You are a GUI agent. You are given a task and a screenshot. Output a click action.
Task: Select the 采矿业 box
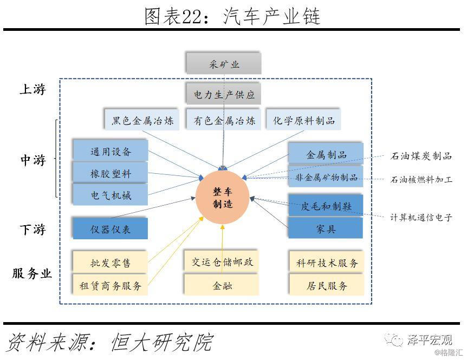click(224, 64)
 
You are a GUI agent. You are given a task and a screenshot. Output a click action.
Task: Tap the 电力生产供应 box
click(224, 94)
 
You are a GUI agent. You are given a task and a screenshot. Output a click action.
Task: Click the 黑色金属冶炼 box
click(142, 120)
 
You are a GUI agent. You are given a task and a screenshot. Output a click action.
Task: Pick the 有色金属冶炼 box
click(224, 120)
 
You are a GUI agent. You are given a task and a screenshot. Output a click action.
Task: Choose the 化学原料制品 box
click(304, 120)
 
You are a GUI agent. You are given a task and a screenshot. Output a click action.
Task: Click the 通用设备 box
click(111, 151)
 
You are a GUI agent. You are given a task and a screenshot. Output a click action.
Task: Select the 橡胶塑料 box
click(111, 173)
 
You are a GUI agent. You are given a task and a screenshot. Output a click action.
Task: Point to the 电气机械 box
click(111, 194)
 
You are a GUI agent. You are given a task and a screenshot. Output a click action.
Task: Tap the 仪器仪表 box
click(111, 228)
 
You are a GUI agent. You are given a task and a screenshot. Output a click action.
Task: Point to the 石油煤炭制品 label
click(421, 156)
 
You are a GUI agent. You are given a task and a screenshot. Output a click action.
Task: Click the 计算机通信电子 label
click(421, 218)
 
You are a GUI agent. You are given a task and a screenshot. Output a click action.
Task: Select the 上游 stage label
click(33, 90)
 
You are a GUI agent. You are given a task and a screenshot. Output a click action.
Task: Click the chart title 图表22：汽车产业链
click(232, 17)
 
